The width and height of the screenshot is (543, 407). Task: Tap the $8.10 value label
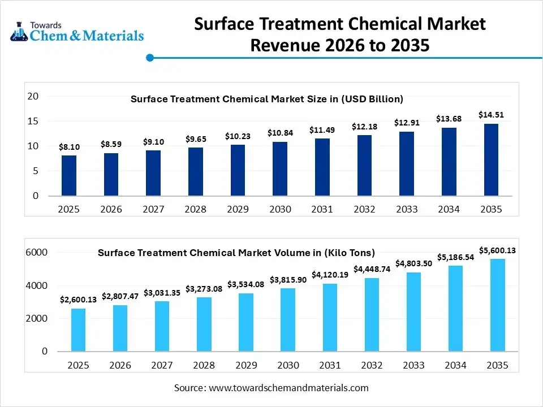click(x=69, y=147)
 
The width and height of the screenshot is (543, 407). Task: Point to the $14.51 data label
click(x=491, y=115)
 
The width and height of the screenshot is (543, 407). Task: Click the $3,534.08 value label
click(x=245, y=284)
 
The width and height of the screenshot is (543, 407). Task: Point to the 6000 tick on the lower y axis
click(x=37, y=252)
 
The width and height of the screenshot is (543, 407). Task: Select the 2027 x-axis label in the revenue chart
click(x=153, y=209)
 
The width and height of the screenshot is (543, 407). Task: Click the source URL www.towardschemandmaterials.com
click(x=288, y=388)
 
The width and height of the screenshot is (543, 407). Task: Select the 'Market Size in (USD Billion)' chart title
click(x=266, y=99)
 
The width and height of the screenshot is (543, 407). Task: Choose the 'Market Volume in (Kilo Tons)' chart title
click(x=236, y=253)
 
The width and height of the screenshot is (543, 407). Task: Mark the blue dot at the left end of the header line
click(x=150, y=58)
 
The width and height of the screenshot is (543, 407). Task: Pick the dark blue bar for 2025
click(x=69, y=175)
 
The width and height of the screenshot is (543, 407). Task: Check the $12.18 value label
click(x=364, y=126)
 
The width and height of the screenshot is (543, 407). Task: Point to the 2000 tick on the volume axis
click(x=37, y=319)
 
